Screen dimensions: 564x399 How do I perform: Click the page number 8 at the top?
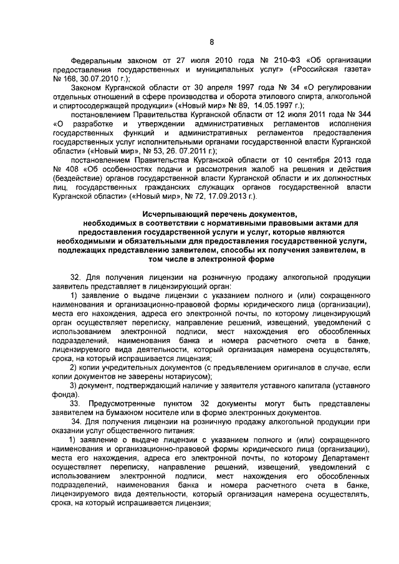point(211,42)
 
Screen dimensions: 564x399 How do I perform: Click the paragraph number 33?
point(75,404)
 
